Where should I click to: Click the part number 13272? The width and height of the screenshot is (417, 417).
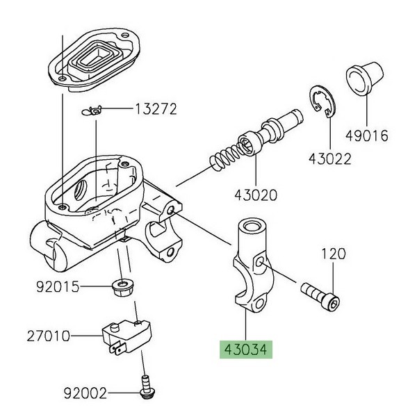(x=156, y=109)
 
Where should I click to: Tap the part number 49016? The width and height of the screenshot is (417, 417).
(x=366, y=136)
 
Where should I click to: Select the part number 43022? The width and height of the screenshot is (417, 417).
(x=329, y=159)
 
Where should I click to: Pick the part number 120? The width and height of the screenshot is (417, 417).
(x=332, y=254)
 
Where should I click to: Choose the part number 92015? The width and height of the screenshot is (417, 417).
(x=59, y=286)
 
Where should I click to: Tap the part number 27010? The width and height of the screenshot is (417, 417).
(x=48, y=336)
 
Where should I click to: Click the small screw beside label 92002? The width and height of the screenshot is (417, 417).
(x=145, y=384)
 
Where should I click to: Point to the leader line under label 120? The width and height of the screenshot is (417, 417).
(x=332, y=277)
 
